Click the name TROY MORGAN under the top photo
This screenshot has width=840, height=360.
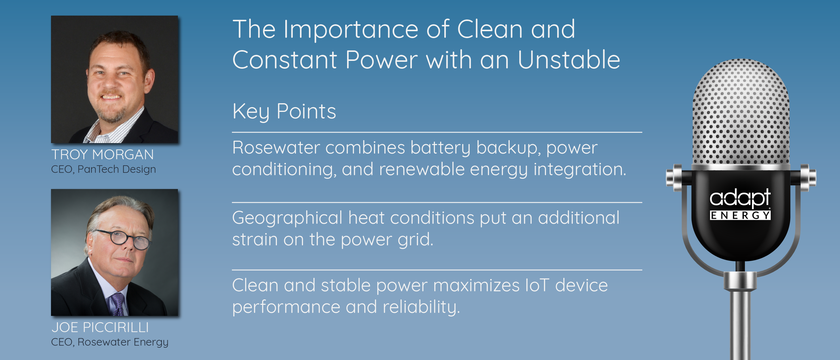tap(102, 154)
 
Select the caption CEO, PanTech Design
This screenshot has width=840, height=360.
tap(103, 169)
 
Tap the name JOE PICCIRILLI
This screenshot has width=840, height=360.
tap(100, 327)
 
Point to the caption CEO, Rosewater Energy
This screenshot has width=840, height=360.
tap(109, 342)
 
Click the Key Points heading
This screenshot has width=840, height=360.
tap(284, 112)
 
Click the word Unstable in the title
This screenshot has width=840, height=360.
tap(569, 60)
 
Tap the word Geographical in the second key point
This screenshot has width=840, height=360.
tap(287, 218)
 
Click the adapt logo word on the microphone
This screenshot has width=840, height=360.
tap(740, 198)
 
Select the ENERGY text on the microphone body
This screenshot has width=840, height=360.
tap(740, 215)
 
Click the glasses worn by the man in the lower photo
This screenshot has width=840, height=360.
tap(122, 238)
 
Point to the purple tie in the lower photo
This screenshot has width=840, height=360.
tap(117, 304)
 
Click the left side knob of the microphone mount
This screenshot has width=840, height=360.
tap(674, 178)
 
